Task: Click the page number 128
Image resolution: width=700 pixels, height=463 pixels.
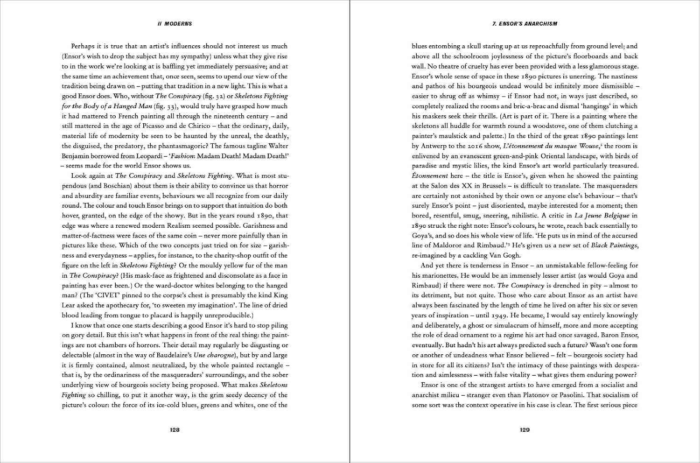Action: (175, 430)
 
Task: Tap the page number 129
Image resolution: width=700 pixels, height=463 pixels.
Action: (525, 430)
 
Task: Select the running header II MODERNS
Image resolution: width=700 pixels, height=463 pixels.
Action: (175, 24)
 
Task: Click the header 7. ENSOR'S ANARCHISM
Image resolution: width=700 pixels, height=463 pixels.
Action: (525, 24)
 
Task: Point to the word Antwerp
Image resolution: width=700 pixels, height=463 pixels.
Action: (434, 146)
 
